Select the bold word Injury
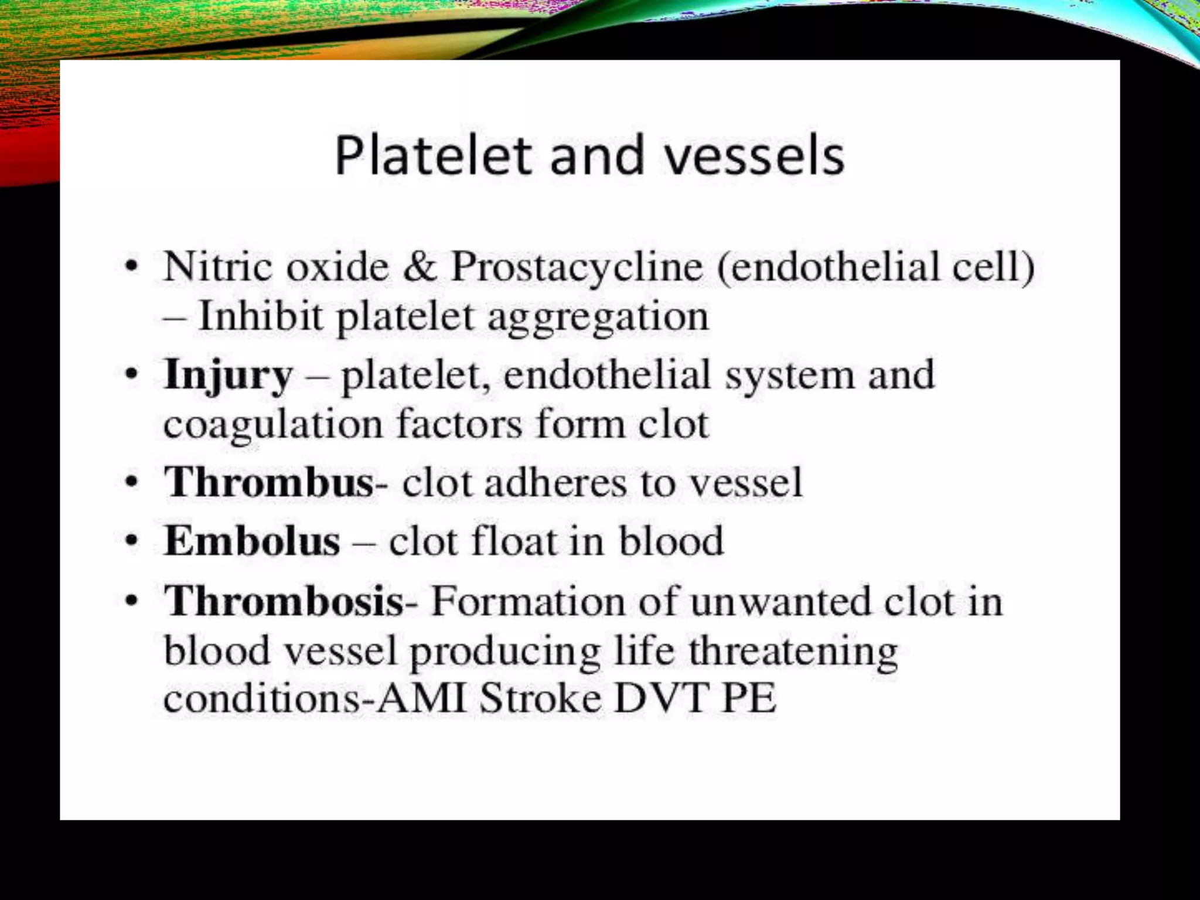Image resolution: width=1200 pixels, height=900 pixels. (228, 376)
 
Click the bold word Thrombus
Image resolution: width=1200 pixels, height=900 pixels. (269, 482)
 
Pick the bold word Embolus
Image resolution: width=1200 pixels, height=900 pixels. (252, 540)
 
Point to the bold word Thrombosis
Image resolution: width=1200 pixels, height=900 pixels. (284, 601)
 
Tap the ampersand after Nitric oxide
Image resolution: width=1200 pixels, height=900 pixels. (420, 267)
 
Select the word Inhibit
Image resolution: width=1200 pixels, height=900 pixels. (260, 316)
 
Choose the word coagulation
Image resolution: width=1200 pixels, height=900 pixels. (272, 425)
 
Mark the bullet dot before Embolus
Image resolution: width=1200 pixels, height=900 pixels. (133, 540)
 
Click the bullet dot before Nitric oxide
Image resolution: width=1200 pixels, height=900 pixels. (133, 267)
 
